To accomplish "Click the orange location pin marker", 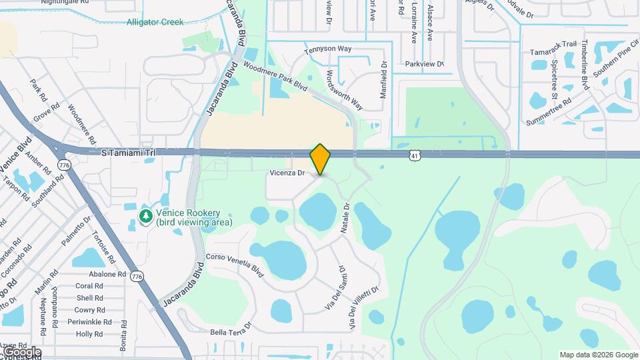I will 321,159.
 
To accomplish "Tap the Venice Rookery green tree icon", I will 146,216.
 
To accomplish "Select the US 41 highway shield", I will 415,155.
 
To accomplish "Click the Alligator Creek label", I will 155,22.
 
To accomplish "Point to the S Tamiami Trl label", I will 128,153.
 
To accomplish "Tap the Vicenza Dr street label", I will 287,173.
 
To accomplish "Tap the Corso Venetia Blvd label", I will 235,263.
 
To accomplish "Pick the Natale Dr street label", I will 345,219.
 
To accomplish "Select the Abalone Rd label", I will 107,274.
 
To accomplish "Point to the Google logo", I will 21,351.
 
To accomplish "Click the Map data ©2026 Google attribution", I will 599,355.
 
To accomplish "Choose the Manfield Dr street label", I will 384,81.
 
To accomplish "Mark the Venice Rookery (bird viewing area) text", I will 193,217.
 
